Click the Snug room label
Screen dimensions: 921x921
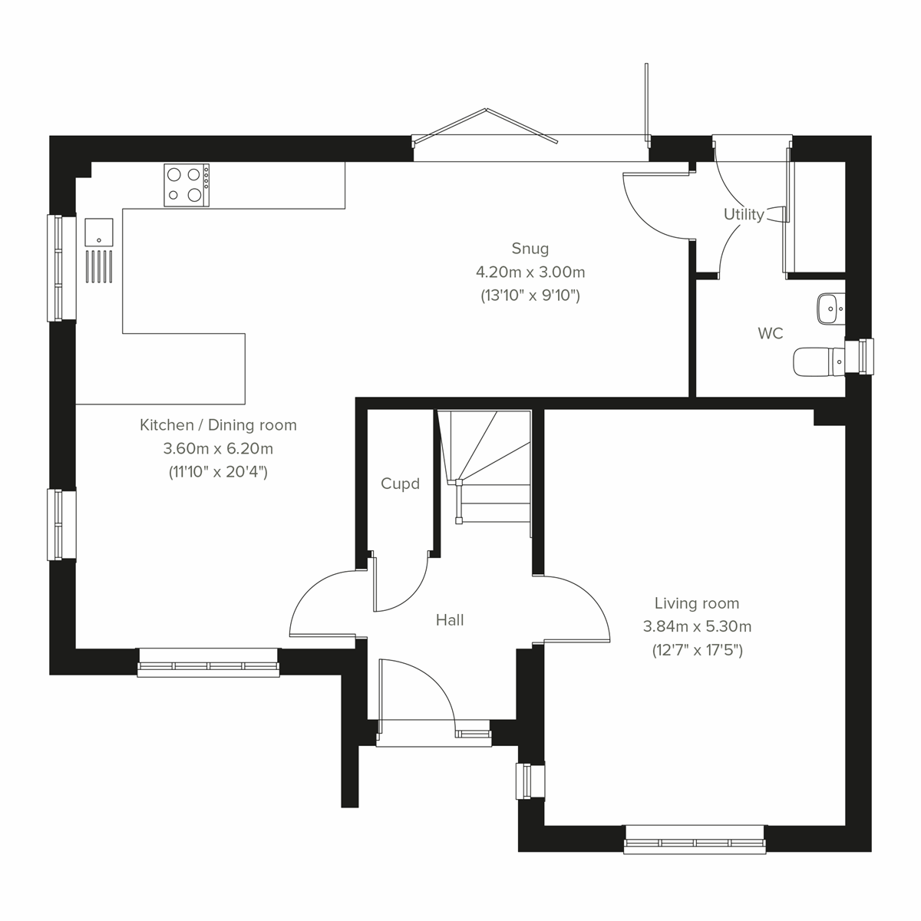[530, 248]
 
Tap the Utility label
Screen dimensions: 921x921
[744, 214]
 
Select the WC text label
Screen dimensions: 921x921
[770, 333]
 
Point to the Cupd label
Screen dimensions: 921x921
[400, 484]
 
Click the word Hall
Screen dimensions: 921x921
[450, 620]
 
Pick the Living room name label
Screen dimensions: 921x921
[697, 603]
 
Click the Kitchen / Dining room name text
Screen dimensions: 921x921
[218, 424]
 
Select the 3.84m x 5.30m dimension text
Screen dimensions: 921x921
[697, 626]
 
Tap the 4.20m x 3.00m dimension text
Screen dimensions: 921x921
[530, 272]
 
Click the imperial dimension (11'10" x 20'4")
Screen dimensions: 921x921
[218, 472]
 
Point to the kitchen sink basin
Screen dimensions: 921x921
[99, 232]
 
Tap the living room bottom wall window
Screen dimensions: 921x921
[695, 839]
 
